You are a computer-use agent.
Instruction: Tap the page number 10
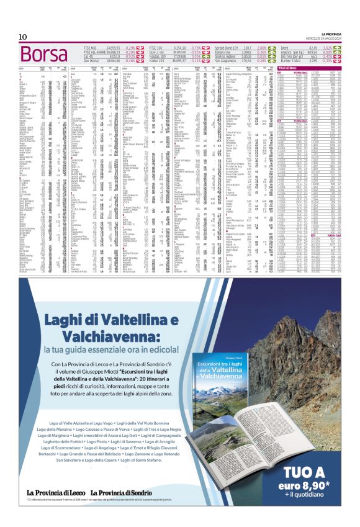point(22,36)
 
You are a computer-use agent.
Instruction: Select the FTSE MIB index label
point(97,47)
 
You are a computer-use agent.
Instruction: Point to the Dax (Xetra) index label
point(99,60)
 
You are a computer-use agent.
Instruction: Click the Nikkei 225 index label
point(160,60)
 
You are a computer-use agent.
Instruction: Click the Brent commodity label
point(286,47)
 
